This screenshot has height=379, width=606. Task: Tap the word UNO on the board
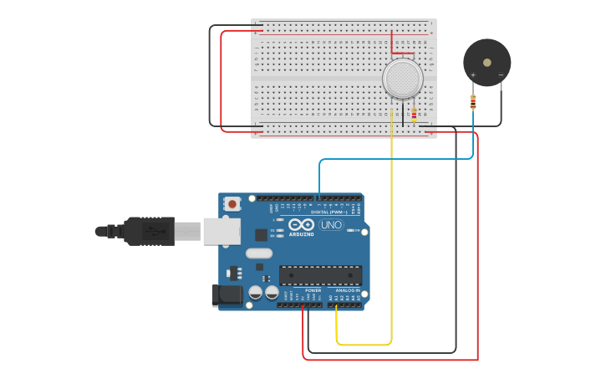pos(332,224)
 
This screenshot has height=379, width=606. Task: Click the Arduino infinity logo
pos(301,224)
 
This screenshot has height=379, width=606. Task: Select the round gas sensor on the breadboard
pos(403,78)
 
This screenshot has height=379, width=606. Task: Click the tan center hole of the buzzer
pos(487,63)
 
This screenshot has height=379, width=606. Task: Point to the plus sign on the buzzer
pos(473,75)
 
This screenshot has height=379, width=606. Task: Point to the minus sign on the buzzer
pos(501,75)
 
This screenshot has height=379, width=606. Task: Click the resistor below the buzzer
pos(473,102)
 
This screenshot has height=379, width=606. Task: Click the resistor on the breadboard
pos(414,114)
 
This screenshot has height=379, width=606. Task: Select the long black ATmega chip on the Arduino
pos(321,275)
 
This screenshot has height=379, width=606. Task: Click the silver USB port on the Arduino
pos(222,231)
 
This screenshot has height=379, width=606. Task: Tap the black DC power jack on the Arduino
pos(227,295)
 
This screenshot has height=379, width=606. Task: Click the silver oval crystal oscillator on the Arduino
pos(259,253)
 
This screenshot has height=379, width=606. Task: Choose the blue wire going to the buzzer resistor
pos(393,158)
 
